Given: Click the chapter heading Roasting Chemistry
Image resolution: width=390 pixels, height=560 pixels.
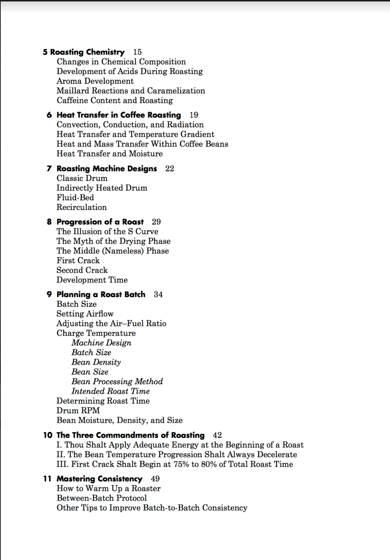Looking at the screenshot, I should tap(87, 52).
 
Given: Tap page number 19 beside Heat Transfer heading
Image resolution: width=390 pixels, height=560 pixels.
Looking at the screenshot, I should tap(194, 115).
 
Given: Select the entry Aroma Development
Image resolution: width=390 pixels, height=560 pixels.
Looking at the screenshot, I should tap(95, 81).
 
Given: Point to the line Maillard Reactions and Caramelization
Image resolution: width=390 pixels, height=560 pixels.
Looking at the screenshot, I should tap(131, 91).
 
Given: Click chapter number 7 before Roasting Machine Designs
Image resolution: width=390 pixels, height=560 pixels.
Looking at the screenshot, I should tap(49, 168).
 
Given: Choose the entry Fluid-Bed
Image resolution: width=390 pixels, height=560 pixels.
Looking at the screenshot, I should tap(75, 197).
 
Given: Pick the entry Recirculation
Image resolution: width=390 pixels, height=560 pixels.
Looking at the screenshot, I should tap(82, 207).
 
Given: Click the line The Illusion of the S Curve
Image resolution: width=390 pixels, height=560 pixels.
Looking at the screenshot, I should tap(107, 232).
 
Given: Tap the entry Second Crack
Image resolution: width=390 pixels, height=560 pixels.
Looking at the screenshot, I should tap(82, 270).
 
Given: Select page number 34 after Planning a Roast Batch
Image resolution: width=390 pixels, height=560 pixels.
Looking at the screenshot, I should tap(158, 294).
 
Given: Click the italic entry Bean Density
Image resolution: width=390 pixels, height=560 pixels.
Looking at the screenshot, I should tap(96, 362).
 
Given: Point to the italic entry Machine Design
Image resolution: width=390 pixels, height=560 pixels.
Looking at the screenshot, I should tap(101, 343).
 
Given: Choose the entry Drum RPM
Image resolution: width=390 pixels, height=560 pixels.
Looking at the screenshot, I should tap(78, 411).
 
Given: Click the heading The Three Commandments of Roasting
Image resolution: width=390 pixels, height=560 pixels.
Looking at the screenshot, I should tap(130, 435).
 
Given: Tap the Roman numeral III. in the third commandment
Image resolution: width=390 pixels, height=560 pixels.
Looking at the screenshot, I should tap(62, 464).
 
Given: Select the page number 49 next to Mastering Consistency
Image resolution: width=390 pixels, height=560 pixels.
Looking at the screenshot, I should tap(155, 479).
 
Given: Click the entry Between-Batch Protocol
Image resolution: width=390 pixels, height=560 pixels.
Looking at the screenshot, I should tap(102, 498).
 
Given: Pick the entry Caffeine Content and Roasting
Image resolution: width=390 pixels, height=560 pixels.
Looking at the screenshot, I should tap(115, 101).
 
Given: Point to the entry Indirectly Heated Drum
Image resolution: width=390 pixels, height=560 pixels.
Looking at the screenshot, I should tap(102, 188).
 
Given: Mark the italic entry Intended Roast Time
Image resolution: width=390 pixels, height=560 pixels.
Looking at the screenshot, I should tap(111, 391).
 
